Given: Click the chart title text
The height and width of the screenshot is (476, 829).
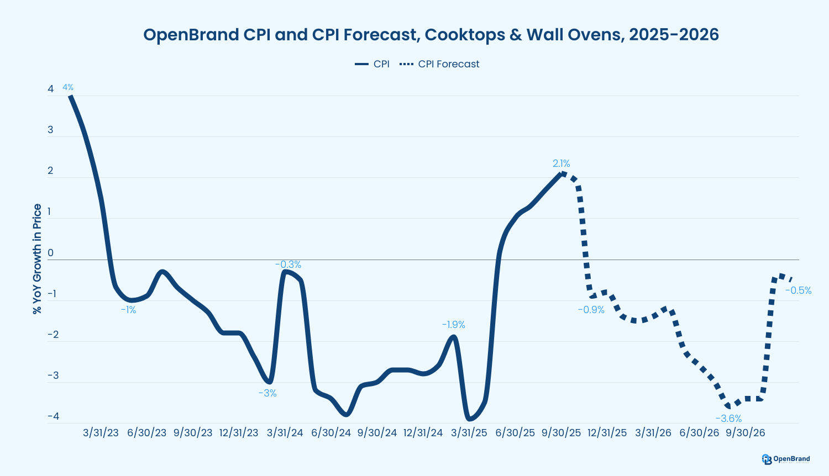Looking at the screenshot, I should (431, 35).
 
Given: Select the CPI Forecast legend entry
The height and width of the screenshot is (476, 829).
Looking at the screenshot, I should (439, 64).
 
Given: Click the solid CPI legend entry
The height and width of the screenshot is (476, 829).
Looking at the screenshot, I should (372, 64).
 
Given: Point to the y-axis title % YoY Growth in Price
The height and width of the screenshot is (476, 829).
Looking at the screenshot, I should (37, 259).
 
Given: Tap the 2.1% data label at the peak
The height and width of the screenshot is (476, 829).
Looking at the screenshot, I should (561, 163).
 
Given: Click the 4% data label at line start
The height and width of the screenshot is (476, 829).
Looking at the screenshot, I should (68, 87).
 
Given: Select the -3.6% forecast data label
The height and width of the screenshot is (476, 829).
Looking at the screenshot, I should (728, 419).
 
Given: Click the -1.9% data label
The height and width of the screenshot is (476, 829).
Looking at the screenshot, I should (453, 325).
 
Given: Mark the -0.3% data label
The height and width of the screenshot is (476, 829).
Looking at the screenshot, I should (288, 265).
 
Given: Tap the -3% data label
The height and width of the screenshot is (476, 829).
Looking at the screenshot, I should (267, 393).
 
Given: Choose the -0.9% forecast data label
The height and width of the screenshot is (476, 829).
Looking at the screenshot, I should (591, 310).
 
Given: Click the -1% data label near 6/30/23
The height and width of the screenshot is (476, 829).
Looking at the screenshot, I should (128, 310).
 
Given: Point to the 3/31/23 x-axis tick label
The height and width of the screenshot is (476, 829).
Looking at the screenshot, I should (101, 433).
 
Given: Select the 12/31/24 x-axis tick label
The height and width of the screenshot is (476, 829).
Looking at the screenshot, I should (423, 433).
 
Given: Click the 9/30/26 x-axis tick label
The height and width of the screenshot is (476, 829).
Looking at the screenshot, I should (745, 433).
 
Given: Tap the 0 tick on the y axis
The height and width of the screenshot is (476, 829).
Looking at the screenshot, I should (51, 253).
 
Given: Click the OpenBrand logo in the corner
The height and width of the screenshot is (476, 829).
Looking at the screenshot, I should (785, 459).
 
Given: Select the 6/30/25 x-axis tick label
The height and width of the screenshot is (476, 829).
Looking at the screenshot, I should (515, 433).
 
